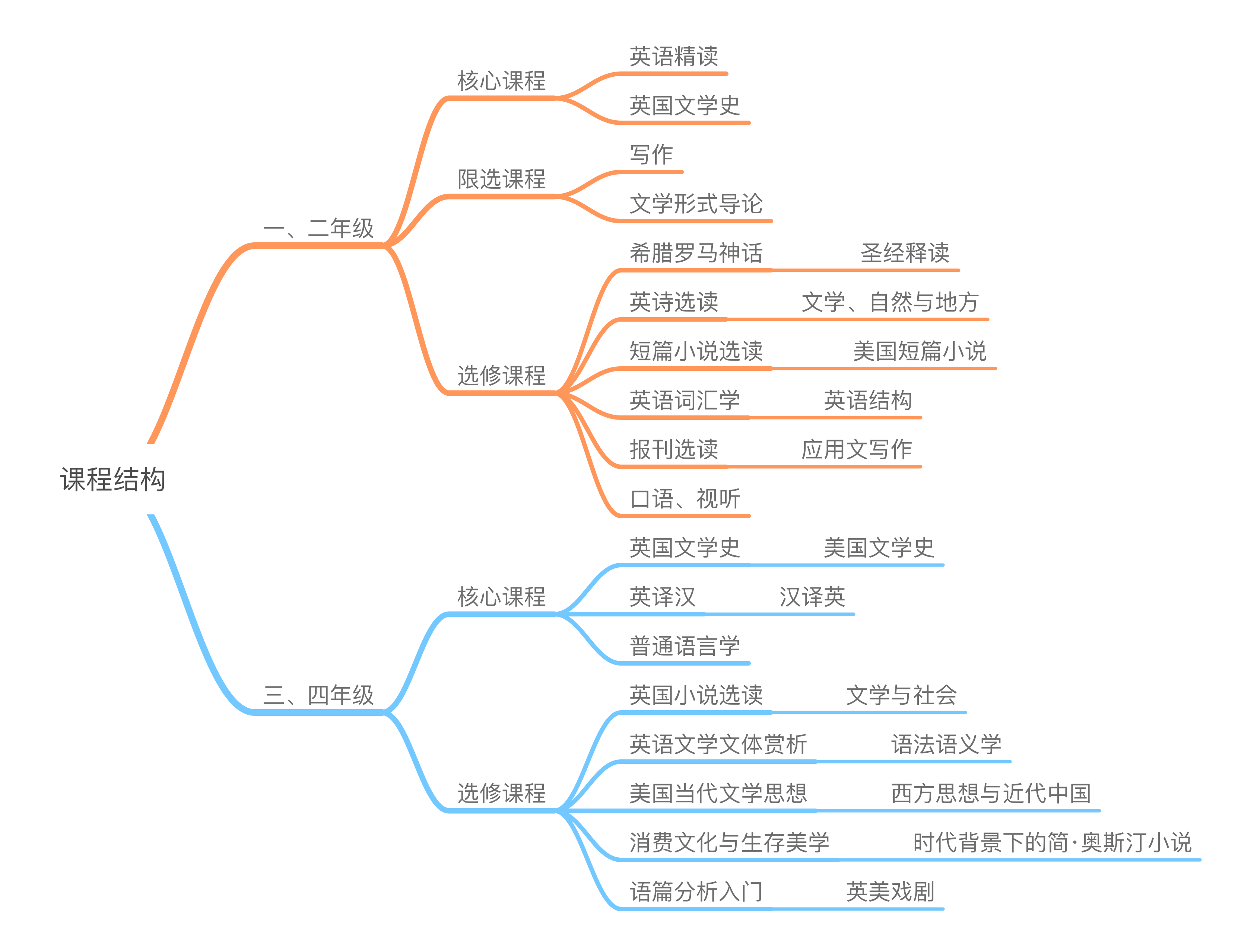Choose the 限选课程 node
pos(501,179)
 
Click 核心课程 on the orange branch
pos(501,81)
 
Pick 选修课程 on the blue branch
pos(501,793)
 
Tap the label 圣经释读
pos(904,253)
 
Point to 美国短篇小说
pos(919,351)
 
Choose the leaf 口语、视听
pos(684,499)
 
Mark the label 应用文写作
pos(856,450)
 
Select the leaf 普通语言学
pos(684,646)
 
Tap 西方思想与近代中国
pos(990,794)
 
